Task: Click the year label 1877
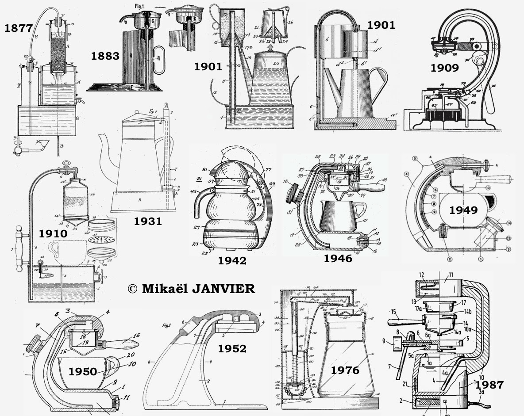pyautogui.click(x=19, y=29)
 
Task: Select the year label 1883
pyautogui.click(x=105, y=56)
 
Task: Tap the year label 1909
pyautogui.click(x=445, y=68)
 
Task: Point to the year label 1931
pyautogui.click(x=148, y=221)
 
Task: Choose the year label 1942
pyautogui.click(x=232, y=260)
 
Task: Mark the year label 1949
pyautogui.click(x=464, y=210)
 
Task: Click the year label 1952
pyautogui.click(x=232, y=348)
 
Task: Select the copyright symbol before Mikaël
pyautogui.click(x=132, y=289)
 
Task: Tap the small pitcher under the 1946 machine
pyautogui.click(x=339, y=217)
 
